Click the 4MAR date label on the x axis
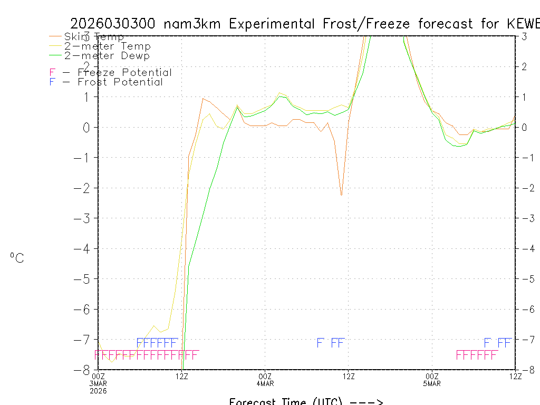(265, 383)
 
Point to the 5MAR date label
(432, 383)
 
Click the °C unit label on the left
(17, 258)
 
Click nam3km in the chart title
(192, 24)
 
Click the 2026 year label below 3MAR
(99, 390)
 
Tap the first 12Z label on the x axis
(182, 376)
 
